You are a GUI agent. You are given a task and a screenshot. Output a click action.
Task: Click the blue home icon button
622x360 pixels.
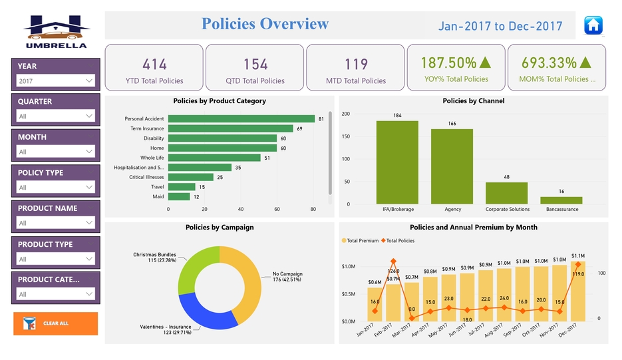(x=593, y=25)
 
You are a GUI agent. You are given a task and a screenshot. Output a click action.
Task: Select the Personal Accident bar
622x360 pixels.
(x=241, y=118)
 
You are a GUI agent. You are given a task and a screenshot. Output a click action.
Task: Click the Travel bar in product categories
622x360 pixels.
(x=182, y=187)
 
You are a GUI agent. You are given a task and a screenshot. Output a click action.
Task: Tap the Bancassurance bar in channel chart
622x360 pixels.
(x=561, y=200)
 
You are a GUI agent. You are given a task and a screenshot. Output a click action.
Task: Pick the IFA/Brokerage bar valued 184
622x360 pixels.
(x=397, y=162)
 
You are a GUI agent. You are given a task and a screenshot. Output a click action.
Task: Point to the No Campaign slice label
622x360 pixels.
(x=287, y=277)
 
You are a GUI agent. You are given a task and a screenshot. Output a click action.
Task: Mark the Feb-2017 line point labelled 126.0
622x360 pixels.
(x=393, y=262)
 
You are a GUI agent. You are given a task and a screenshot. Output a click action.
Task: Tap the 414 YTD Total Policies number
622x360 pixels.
(x=154, y=65)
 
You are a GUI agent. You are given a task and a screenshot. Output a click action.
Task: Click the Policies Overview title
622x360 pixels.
(x=265, y=24)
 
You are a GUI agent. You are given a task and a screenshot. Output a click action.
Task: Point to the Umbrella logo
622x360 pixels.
(x=56, y=31)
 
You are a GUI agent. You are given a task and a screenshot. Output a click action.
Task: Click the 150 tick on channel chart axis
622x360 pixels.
(x=346, y=136)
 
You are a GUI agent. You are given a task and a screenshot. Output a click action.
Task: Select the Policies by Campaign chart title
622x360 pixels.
(x=220, y=228)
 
